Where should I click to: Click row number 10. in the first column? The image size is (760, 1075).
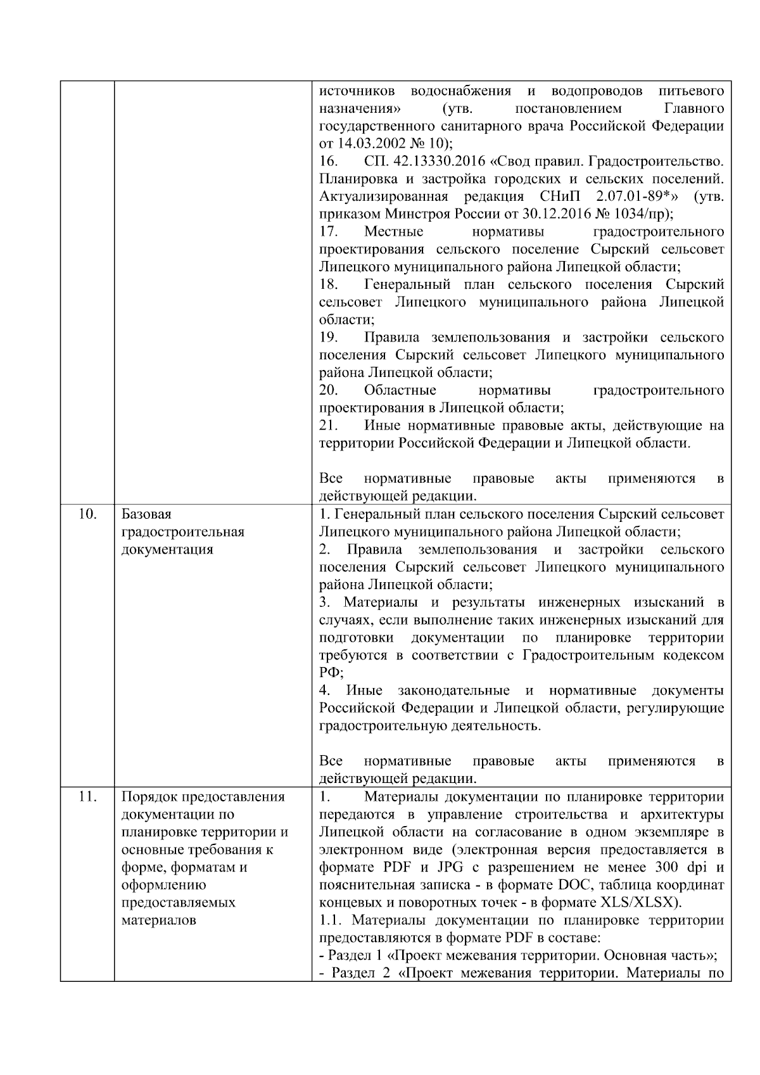(87, 514)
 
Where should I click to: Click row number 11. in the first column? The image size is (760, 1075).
(87, 796)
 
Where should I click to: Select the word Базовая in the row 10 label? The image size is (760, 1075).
(146, 514)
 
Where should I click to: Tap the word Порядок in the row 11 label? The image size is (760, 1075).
(148, 796)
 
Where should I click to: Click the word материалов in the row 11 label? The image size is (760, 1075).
(158, 920)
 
